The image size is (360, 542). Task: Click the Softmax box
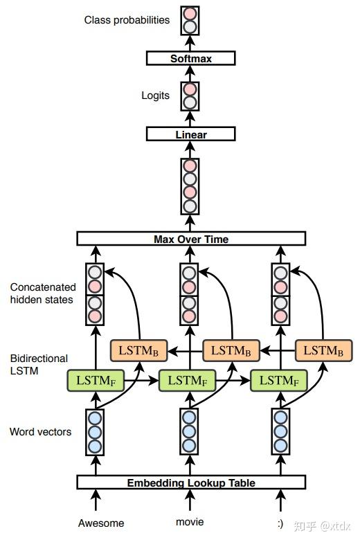190,58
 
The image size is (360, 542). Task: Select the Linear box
190,134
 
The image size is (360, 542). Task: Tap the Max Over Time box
191,239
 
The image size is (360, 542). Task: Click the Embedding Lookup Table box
191,482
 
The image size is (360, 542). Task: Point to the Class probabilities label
127,20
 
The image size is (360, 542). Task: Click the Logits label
155,96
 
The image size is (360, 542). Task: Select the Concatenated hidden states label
43,293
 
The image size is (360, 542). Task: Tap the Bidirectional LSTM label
39,364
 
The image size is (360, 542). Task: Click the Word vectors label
40,431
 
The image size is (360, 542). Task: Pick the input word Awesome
101,523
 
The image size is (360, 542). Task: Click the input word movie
190,522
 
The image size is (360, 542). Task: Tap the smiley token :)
280,523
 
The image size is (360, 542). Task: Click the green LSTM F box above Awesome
96,381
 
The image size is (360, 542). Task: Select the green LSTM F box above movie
188,381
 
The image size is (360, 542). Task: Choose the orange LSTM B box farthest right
324,350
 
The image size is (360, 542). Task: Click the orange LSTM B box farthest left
138,350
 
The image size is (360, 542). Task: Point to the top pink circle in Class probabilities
190,14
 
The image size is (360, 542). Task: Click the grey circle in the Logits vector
190,102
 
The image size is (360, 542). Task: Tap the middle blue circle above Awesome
95,432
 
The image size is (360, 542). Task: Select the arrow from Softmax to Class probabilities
190,43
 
